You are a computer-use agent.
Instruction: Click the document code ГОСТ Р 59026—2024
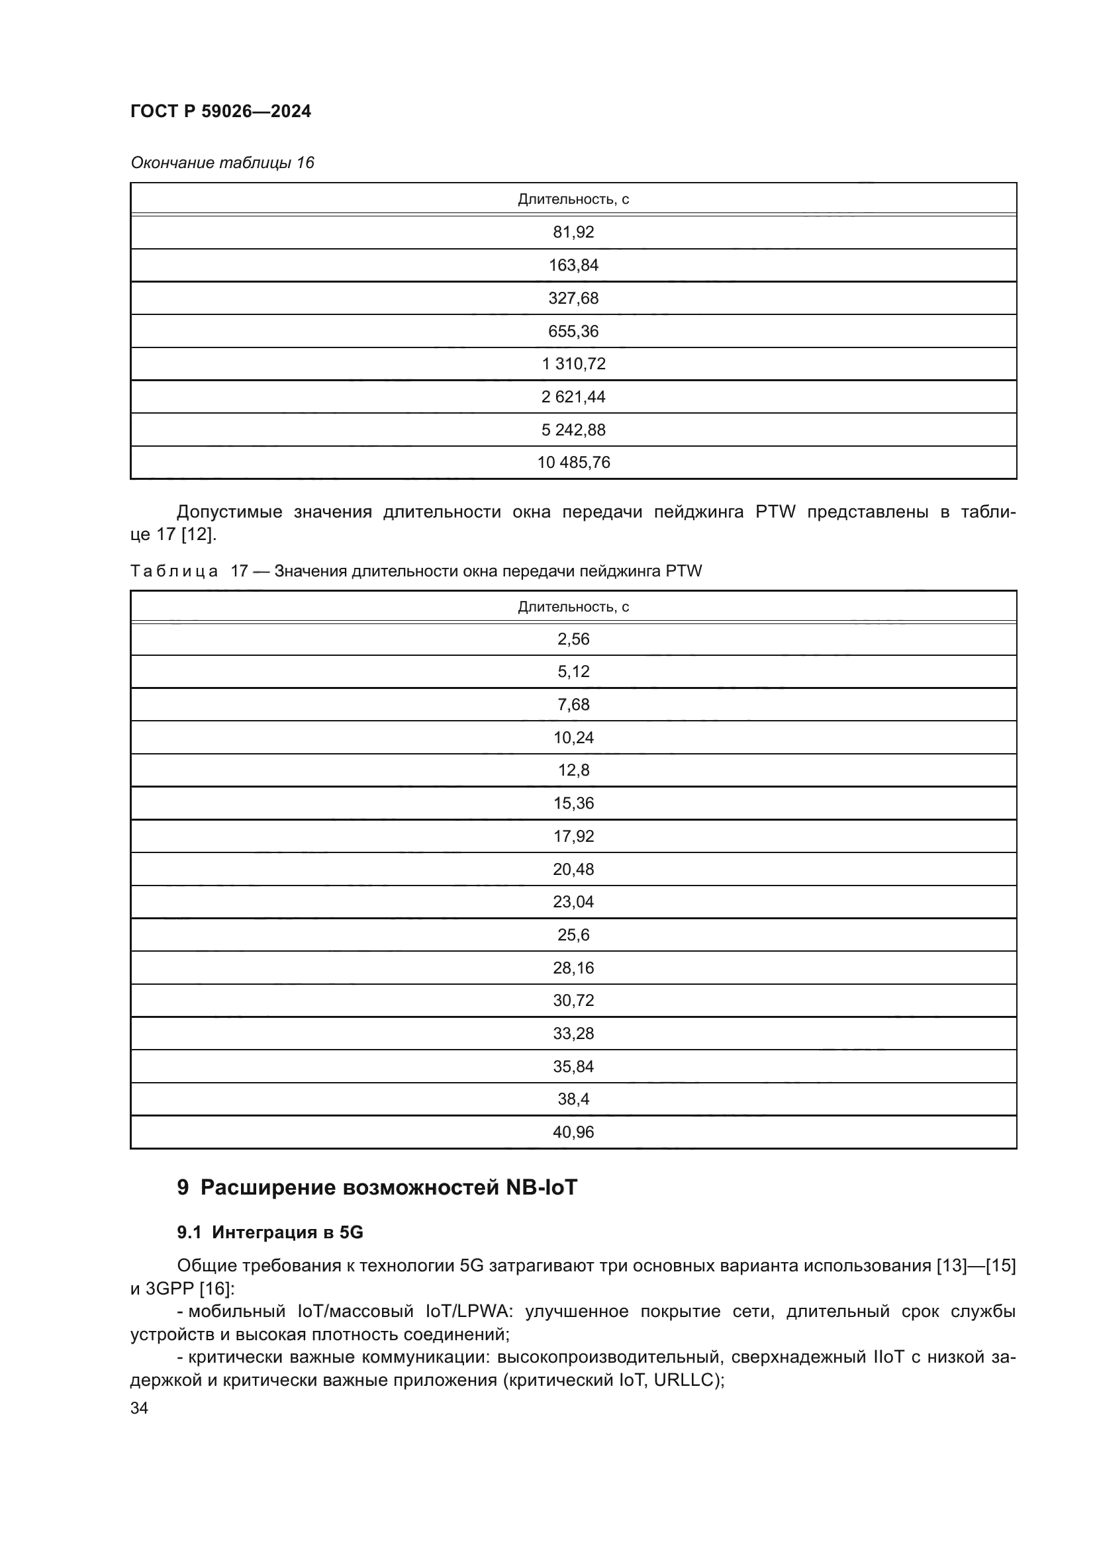tap(220, 111)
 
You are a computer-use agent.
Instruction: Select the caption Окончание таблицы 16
tap(222, 163)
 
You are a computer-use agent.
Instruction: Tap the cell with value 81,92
tap(573, 232)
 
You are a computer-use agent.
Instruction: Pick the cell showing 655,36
tap(573, 331)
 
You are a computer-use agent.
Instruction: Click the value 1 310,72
tap(573, 364)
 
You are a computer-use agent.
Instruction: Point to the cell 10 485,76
tap(573, 463)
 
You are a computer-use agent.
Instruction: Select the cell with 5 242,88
tap(573, 430)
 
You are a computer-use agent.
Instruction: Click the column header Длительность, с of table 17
tap(573, 607)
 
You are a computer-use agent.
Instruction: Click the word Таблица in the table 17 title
tap(174, 572)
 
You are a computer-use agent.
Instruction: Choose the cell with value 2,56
tap(573, 639)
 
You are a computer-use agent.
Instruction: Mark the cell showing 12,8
tap(573, 770)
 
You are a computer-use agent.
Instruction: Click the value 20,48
tap(573, 869)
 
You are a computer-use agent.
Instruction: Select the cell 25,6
tap(573, 934)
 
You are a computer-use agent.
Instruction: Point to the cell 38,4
tap(573, 1099)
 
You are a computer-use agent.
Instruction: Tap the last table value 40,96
tap(573, 1132)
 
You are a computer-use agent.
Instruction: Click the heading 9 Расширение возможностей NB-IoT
tap(377, 1187)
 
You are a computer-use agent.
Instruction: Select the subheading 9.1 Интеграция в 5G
tap(269, 1232)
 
